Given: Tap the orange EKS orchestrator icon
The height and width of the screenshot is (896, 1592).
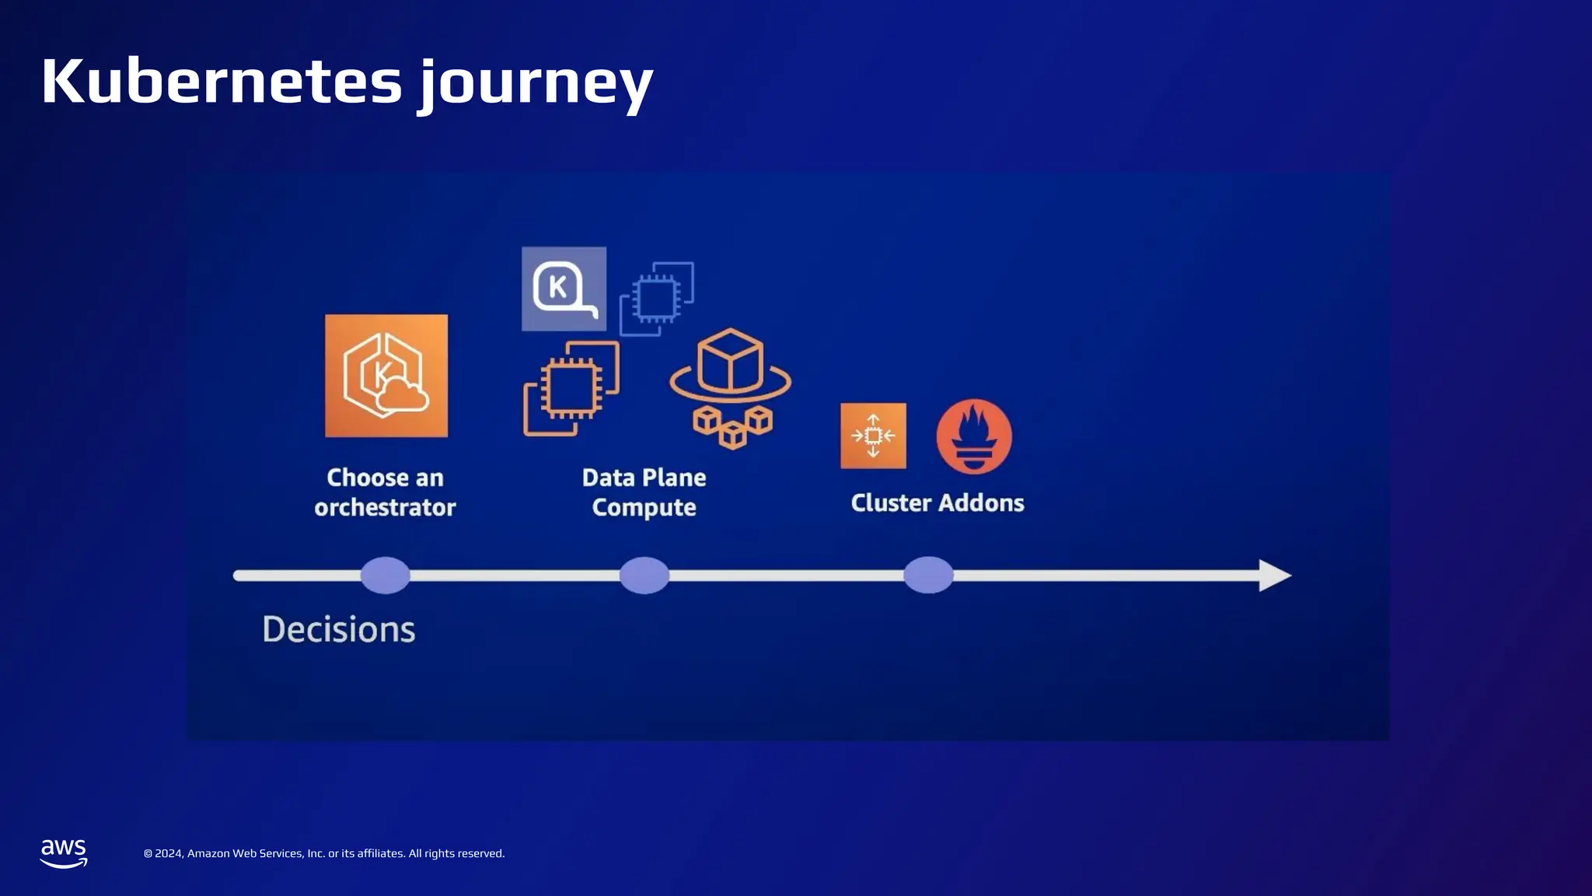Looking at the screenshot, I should coord(386,376).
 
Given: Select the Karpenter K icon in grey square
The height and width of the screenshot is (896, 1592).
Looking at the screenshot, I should coord(564,289).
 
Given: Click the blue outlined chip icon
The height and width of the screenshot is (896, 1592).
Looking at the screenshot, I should coord(657,299).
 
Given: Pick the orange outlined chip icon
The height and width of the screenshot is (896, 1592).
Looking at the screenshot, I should coord(571,388).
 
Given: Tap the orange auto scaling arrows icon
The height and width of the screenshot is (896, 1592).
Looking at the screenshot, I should coord(873,436).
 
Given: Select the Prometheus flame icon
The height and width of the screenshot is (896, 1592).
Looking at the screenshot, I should coord(974,436).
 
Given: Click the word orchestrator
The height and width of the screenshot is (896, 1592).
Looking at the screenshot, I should coord(385,507).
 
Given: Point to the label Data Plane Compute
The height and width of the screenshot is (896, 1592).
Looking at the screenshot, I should coord(644,492).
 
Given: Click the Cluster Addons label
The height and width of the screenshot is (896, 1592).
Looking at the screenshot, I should coord(937,502).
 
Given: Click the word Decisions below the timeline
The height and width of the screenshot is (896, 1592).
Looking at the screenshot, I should coord(339,629).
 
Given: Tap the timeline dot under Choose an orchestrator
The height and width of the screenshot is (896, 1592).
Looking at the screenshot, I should coord(386,576).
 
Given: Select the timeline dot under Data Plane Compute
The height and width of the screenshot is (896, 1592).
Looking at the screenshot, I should coord(644,576).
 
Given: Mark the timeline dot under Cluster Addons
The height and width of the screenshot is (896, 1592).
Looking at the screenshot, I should coord(928,576).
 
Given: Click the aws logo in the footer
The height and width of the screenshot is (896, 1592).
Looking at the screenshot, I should coord(64,853).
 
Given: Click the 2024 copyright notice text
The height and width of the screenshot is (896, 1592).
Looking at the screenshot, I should coord(324,853).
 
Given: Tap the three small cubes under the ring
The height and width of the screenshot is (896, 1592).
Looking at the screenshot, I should coord(732,427).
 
